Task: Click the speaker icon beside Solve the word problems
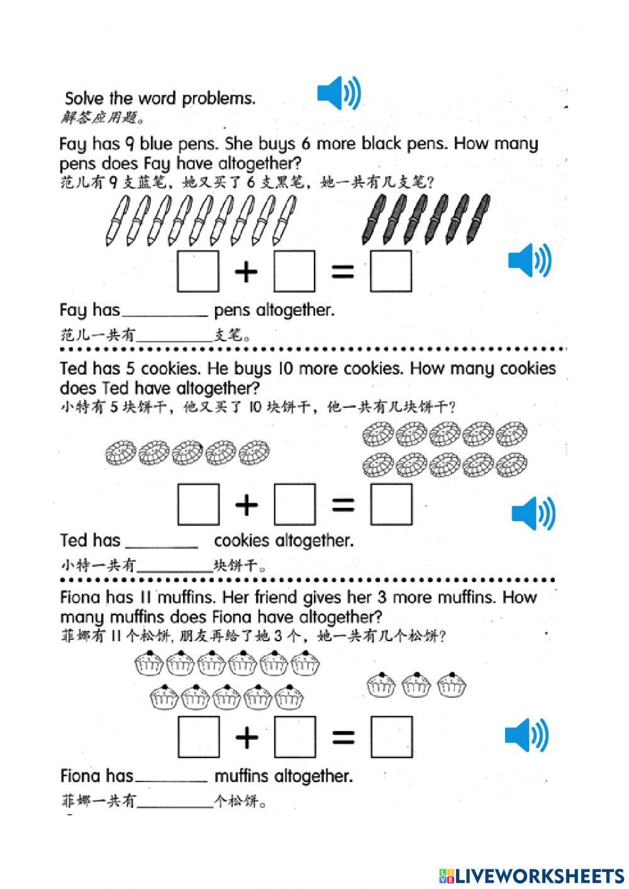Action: click(339, 93)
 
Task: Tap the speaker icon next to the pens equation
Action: click(530, 260)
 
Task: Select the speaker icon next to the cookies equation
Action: click(533, 513)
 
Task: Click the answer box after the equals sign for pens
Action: click(391, 271)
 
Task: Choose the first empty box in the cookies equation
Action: click(199, 504)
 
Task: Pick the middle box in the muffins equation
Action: click(295, 736)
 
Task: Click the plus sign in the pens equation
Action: click(247, 272)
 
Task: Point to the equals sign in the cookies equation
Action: click(342, 504)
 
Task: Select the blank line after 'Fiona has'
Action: click(171, 778)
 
